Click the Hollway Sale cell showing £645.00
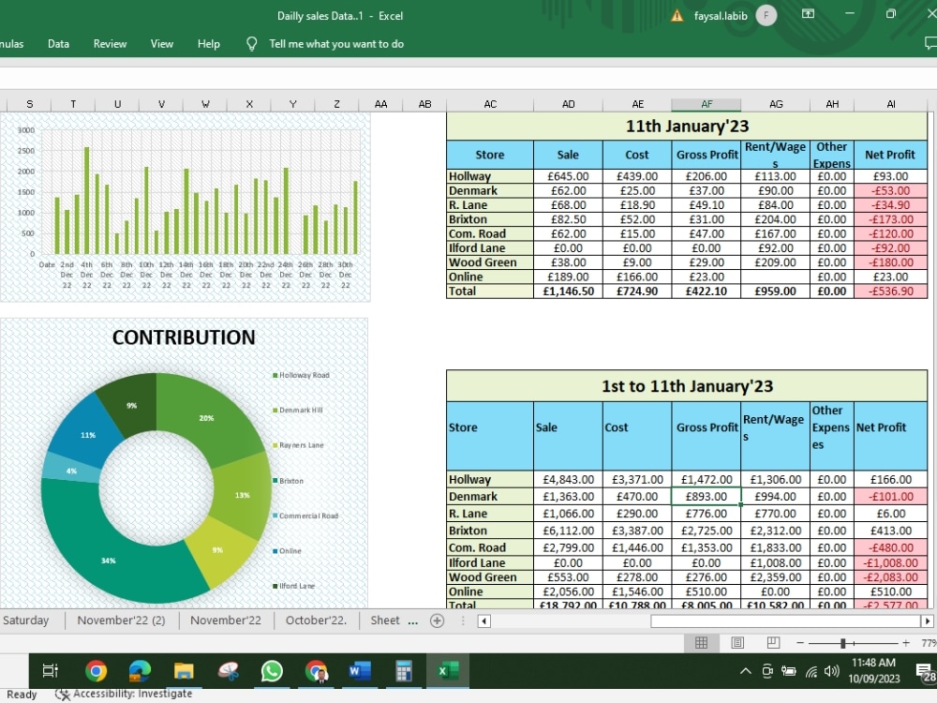point(568,176)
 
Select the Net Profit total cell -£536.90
point(889,292)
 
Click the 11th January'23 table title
point(687,126)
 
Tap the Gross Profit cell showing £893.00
point(706,497)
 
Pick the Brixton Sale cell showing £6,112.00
point(568,531)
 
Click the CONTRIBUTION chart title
point(184,337)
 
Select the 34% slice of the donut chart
point(109,560)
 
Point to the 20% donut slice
point(206,418)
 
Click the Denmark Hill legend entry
point(301,411)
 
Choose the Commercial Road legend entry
point(308,516)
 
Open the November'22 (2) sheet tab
point(121,621)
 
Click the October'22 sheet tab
point(316,621)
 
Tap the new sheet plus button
point(437,621)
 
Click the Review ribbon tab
point(110,44)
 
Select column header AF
point(706,105)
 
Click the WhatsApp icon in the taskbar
point(272,671)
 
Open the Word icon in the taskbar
point(360,671)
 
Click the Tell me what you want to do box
point(336,44)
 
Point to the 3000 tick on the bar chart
point(26,130)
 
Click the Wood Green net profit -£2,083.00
point(889,577)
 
